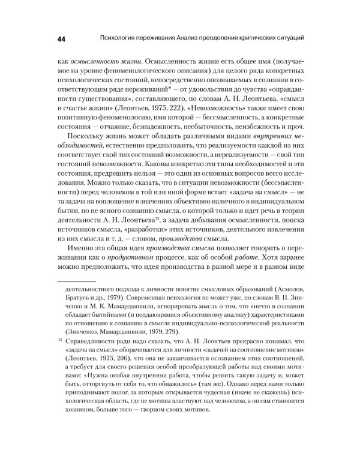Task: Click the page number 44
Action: tap(61, 39)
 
